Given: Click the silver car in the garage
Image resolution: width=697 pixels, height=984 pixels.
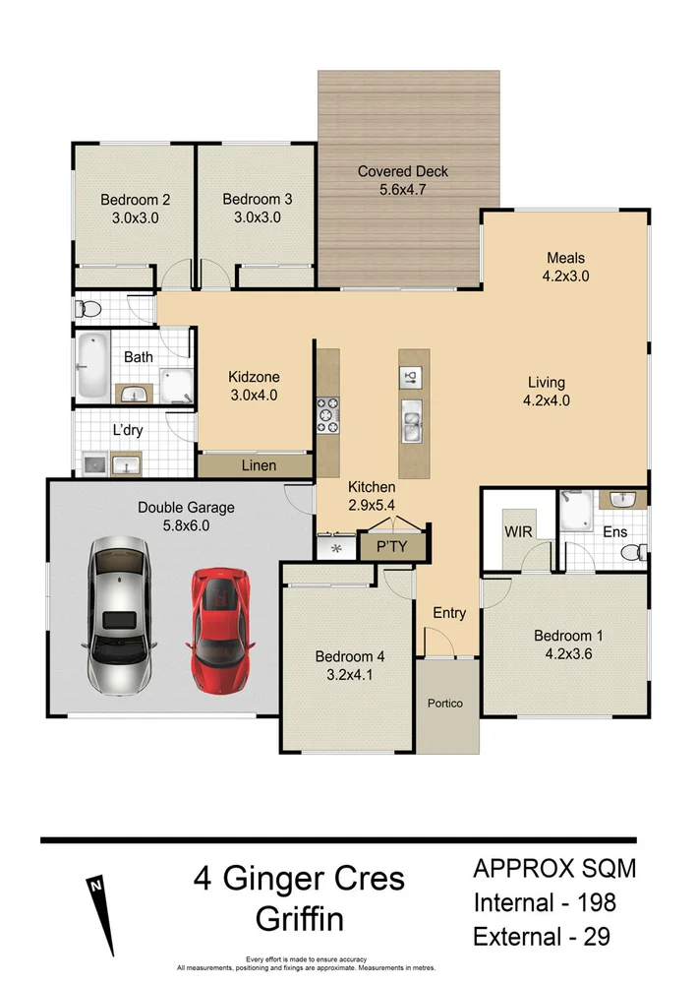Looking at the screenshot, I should point(122,616).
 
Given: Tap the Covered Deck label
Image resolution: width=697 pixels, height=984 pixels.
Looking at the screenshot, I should point(402,171).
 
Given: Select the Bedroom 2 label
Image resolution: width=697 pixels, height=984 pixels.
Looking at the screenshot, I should point(136,200).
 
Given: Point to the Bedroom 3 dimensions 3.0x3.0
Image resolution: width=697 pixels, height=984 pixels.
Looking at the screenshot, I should point(257,217).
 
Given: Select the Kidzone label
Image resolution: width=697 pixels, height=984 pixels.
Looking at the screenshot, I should point(255,377).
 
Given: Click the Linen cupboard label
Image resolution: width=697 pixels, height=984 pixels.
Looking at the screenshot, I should point(259,465).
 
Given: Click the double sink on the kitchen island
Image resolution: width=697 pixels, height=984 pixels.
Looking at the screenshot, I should point(411,426).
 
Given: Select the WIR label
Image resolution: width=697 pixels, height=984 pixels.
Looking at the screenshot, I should point(517,531).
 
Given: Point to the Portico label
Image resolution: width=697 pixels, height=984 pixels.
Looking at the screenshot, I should point(444,704).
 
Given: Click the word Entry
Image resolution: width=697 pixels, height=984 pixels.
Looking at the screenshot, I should point(449,613).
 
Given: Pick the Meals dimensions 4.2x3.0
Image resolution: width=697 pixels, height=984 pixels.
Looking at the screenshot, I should point(565,277).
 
